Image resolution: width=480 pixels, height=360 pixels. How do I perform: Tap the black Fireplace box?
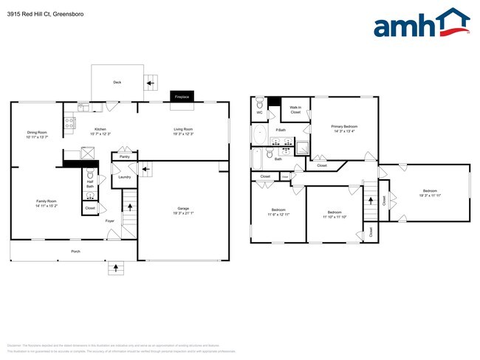[179, 97]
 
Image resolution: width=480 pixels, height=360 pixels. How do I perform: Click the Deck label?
[117, 83]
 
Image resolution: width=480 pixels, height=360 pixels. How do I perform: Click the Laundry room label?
[124, 177]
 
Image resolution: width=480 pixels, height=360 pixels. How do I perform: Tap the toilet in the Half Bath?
[89, 176]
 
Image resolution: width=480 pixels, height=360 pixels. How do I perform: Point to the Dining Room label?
[36, 132]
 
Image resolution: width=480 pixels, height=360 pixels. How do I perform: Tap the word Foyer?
[109, 221]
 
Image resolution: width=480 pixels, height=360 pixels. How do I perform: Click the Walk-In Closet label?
[295, 110]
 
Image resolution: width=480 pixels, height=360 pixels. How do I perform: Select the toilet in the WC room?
[258, 105]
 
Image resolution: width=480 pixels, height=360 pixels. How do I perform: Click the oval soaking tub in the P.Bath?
[260, 135]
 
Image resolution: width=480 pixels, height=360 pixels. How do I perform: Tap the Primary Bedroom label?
[343, 126]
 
